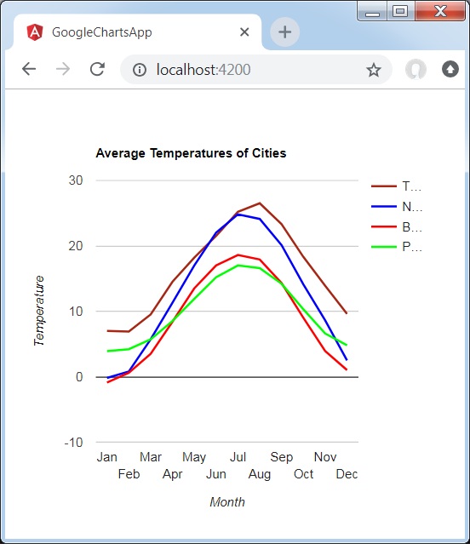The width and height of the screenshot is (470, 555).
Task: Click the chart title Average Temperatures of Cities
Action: coord(191,153)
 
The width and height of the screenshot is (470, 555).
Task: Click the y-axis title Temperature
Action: coord(39,311)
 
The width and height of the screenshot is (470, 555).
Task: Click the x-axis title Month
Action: coord(227,502)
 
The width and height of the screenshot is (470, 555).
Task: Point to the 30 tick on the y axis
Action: coord(76,180)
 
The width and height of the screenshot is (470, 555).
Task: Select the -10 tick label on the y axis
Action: coord(73,443)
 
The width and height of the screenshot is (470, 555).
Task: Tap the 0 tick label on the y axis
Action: coord(79,377)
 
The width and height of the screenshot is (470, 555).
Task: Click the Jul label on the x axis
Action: coord(238,457)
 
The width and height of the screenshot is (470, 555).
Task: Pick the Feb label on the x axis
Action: coord(129,474)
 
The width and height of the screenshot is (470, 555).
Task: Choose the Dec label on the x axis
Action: coord(347,474)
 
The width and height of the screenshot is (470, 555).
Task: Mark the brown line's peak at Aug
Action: coord(260,203)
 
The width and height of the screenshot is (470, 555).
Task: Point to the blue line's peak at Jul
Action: coord(238,215)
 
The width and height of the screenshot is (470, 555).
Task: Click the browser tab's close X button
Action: coord(244,32)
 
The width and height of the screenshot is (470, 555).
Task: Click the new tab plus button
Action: coord(284,32)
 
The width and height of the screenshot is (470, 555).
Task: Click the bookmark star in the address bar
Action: coord(374,70)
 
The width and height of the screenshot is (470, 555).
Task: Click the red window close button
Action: coord(439,11)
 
